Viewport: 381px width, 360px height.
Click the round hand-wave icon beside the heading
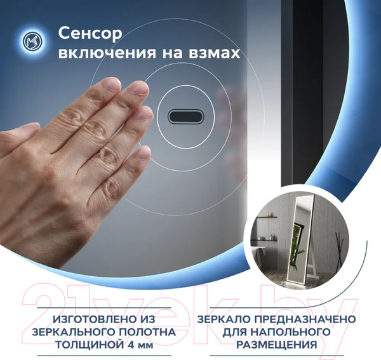29,42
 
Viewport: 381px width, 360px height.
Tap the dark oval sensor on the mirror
184,117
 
